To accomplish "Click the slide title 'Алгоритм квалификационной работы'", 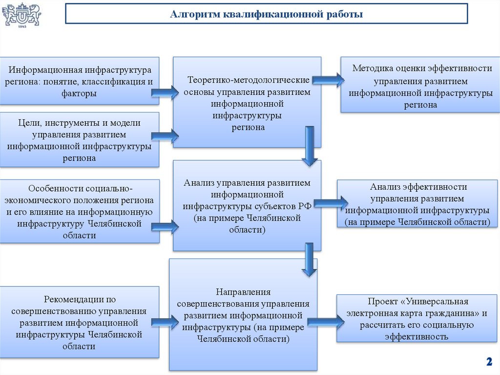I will tap(267, 14).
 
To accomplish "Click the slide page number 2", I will tap(488, 362).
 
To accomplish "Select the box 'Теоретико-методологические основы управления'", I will tap(248, 102).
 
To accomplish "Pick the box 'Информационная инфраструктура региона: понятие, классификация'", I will tap(80, 81).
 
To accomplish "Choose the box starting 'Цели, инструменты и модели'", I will tap(80, 140).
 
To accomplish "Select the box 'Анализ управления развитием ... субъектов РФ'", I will tap(247, 205).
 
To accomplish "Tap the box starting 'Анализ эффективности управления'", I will tap(418, 204).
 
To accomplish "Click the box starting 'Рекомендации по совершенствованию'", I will tap(80, 322).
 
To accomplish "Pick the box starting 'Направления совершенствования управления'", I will tap(243, 314).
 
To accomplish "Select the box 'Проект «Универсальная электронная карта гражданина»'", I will tap(418, 318).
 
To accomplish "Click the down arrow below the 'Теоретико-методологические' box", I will tap(309, 146).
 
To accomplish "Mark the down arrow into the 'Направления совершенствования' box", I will tap(309, 259).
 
